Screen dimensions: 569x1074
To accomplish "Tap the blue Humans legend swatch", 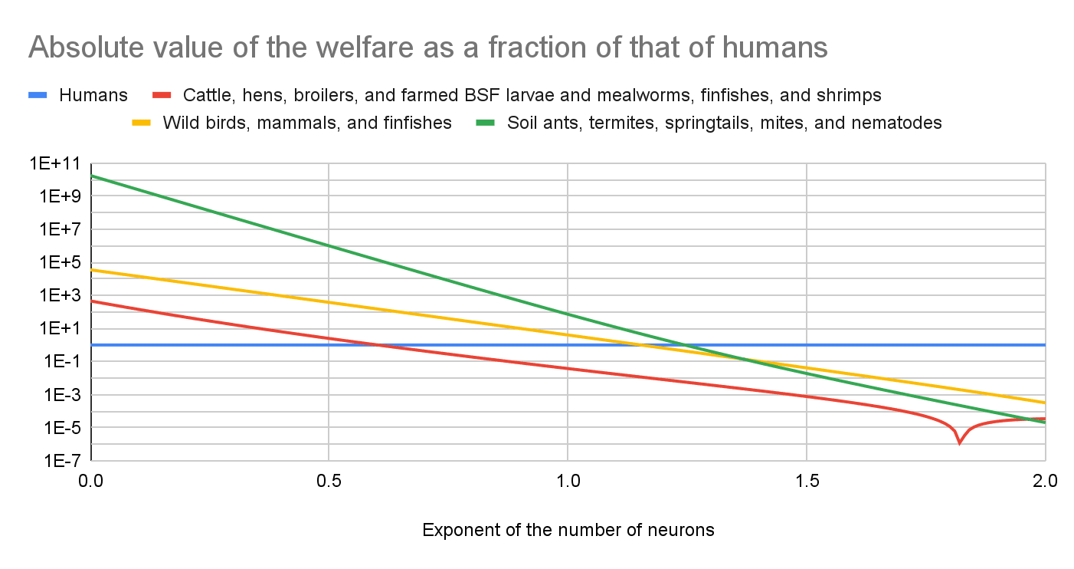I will tap(38, 95).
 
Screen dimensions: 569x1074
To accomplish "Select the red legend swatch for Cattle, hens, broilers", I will tap(162, 95).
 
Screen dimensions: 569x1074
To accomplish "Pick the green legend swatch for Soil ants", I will tap(486, 123).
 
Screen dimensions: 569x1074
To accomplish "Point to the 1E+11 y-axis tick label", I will tap(57, 163).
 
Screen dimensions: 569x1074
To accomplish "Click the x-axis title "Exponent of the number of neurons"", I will tap(568, 530).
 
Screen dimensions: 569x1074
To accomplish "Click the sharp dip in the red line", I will tap(959, 442).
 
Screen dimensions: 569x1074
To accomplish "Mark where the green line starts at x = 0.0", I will tap(92, 176).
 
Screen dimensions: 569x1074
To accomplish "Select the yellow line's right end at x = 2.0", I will tap(1045, 403).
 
